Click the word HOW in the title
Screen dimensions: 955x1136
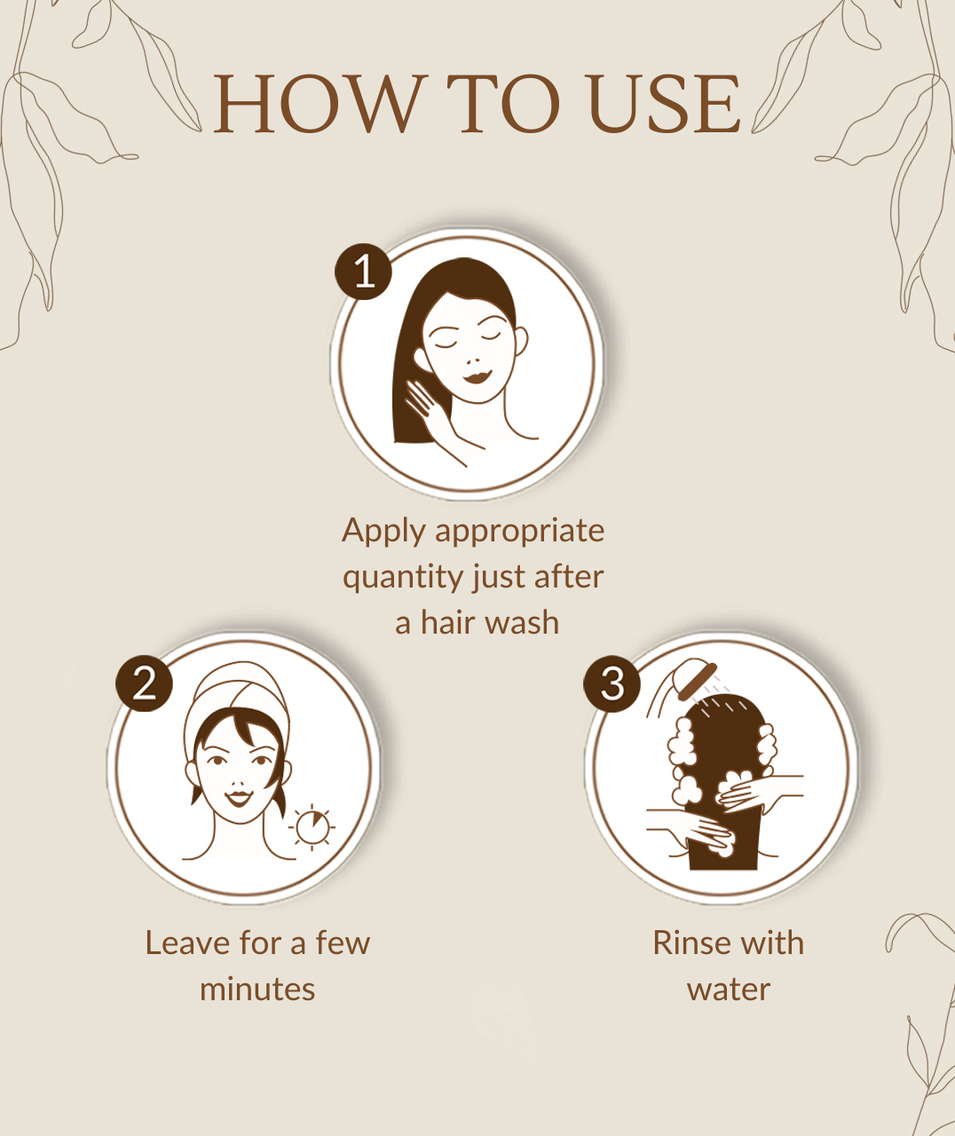click(x=317, y=104)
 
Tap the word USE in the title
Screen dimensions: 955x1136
click(x=665, y=104)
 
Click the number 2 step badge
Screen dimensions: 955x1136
click(x=144, y=683)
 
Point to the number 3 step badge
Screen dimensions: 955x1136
click(x=612, y=683)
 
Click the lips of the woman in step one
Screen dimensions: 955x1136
click(x=477, y=376)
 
